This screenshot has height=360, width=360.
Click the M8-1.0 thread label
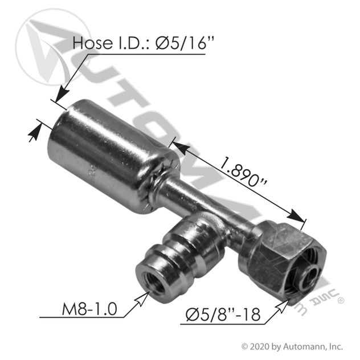pyautogui.click(x=89, y=309)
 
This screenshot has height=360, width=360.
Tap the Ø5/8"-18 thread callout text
pyautogui.click(x=223, y=314)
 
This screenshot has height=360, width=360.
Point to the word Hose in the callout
pyautogui.click(x=92, y=43)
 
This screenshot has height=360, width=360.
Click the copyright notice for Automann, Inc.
pyautogui.click(x=292, y=346)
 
